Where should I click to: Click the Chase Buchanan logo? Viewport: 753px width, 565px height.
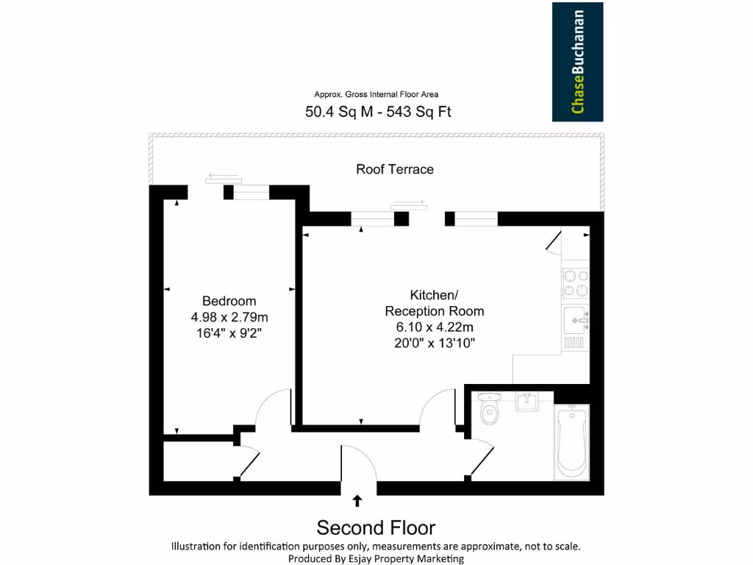(578, 62)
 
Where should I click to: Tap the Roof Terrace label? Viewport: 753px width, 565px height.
(395, 169)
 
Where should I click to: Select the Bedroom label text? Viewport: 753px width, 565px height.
(229, 301)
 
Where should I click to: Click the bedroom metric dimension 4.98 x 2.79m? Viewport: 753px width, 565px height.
(229, 317)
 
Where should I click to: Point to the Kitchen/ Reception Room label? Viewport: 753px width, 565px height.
(435, 302)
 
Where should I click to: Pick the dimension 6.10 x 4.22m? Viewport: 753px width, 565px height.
(435, 327)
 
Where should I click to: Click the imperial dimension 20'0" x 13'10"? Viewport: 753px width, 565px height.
(435, 344)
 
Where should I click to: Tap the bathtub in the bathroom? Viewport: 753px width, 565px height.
(572, 441)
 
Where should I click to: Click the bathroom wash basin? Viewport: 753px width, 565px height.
(527, 402)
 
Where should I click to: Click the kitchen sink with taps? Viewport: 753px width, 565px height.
(575, 321)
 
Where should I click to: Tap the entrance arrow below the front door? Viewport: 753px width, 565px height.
(358, 501)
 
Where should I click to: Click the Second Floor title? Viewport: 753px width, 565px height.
(376, 527)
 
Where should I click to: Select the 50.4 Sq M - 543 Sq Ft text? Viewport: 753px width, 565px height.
(378, 112)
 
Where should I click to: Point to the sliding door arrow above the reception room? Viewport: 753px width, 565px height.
(409, 202)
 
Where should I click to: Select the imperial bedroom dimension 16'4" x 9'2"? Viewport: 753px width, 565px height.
(229, 333)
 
